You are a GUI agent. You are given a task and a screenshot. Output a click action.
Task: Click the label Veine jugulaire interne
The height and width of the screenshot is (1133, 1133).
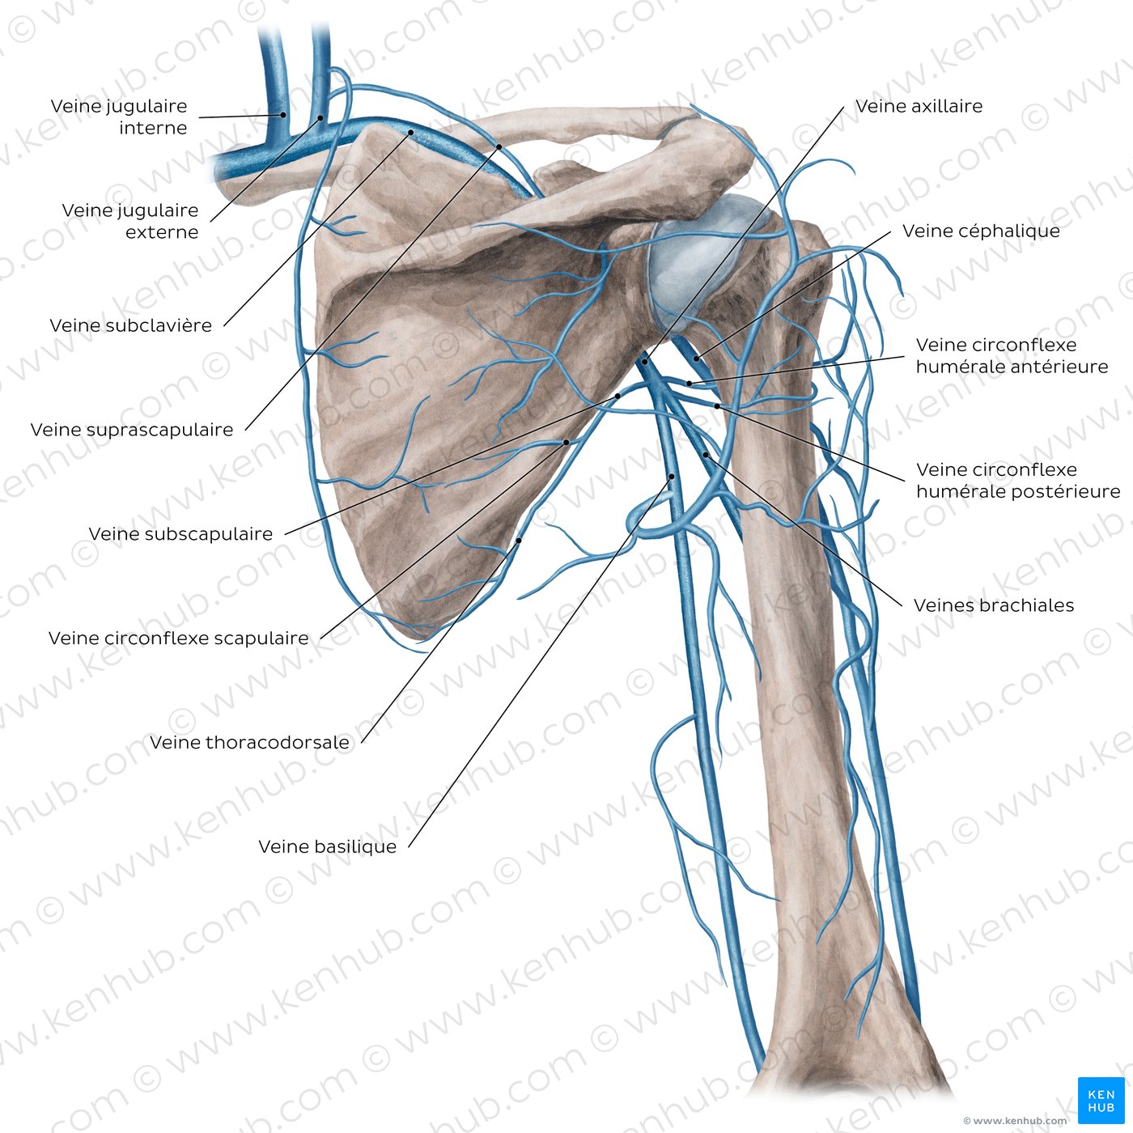point(119,117)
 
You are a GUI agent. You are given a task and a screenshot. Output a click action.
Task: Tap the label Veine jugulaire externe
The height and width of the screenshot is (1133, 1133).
point(130,221)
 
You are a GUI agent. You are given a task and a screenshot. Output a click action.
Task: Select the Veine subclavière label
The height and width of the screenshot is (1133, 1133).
point(130,325)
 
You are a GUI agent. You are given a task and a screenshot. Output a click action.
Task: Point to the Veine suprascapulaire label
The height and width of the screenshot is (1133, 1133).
point(132,430)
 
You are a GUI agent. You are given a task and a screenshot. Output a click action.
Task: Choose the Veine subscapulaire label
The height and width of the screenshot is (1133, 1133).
point(180,534)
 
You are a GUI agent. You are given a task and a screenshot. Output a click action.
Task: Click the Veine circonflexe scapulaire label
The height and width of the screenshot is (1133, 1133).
point(178,638)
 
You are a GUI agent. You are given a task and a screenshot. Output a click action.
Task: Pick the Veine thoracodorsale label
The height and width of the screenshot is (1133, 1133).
point(249,742)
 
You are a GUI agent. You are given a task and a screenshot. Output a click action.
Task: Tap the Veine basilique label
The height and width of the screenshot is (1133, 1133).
point(328,847)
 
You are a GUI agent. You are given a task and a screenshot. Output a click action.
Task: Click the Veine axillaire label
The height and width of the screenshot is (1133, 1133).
point(919,106)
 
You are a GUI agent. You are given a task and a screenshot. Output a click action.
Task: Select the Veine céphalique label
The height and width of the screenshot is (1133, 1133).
point(982,231)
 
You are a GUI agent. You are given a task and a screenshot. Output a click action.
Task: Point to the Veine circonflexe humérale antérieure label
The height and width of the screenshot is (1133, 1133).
point(1012,356)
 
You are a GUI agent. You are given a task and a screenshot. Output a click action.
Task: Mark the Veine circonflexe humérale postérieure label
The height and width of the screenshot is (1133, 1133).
point(1018,481)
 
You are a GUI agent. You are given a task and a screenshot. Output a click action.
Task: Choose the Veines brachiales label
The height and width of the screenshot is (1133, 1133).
point(994,605)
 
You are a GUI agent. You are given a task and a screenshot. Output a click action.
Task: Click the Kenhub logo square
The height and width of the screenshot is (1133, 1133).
point(1101,1101)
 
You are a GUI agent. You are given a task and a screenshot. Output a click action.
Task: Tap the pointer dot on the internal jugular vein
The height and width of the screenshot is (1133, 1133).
point(282,115)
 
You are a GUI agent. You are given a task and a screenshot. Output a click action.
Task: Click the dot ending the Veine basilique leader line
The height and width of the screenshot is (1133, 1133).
point(672,476)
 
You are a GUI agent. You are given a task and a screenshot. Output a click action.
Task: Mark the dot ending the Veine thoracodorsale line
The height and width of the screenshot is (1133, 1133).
point(519,540)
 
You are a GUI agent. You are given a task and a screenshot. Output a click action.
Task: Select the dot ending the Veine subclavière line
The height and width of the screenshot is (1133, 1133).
point(411,132)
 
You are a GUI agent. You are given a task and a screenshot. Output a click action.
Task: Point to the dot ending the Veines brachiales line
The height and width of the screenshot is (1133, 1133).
point(706,455)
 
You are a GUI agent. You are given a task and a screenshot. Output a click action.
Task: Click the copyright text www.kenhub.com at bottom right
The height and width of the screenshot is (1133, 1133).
point(1015,1121)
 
